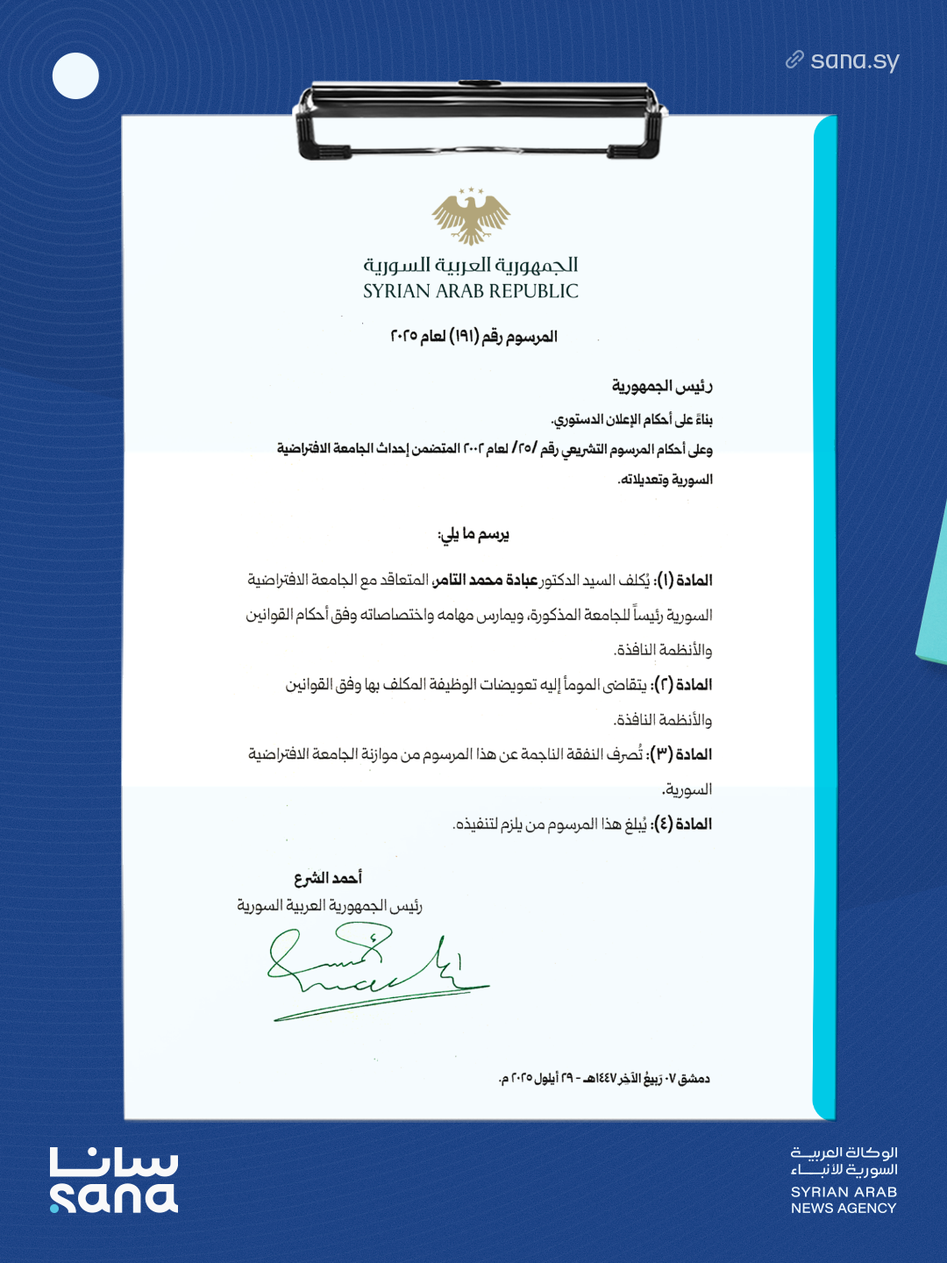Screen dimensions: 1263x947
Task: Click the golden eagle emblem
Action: click(471, 216)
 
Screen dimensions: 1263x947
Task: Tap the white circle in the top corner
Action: click(75, 75)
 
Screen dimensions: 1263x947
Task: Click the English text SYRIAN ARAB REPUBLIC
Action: click(471, 291)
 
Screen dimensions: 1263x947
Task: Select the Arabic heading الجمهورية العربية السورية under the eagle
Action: click(471, 264)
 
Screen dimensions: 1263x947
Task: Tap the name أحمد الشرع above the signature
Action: click(328, 878)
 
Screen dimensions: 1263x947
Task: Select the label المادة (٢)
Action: click(684, 684)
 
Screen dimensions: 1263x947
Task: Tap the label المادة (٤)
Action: click(683, 824)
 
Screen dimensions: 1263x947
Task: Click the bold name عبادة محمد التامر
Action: click(486, 580)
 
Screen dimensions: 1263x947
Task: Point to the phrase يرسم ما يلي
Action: click(473, 534)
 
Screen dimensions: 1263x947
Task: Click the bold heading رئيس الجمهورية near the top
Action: click(662, 386)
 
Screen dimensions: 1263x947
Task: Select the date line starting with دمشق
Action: click(604, 1078)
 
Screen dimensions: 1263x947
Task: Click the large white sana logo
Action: click(114, 1181)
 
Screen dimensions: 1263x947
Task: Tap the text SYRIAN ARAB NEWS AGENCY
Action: click(844, 1200)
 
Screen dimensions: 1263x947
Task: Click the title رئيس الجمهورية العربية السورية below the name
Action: click(330, 905)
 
